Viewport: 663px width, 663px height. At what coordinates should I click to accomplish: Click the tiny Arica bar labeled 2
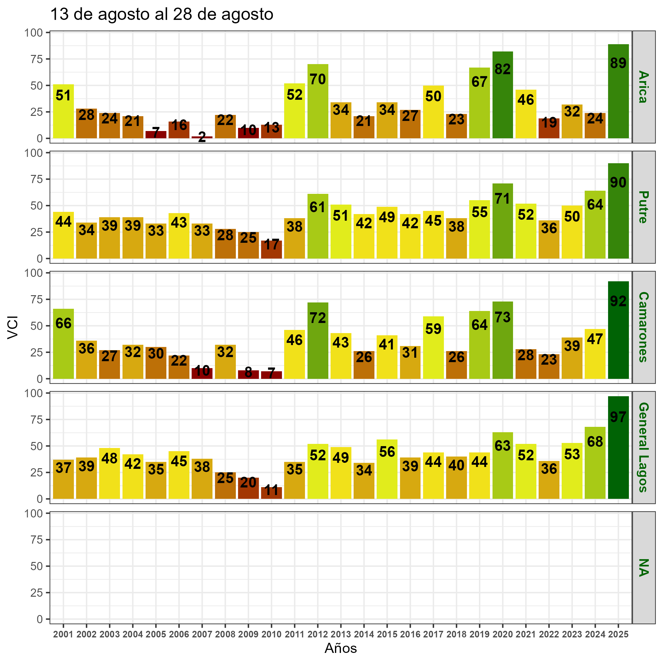click(x=202, y=137)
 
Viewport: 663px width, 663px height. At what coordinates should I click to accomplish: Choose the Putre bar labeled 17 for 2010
click(x=272, y=249)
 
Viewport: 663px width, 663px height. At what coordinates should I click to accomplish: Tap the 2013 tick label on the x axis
click(x=341, y=635)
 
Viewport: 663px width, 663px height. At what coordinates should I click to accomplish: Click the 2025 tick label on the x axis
click(x=618, y=635)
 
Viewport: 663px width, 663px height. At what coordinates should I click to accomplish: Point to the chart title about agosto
click(x=162, y=15)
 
